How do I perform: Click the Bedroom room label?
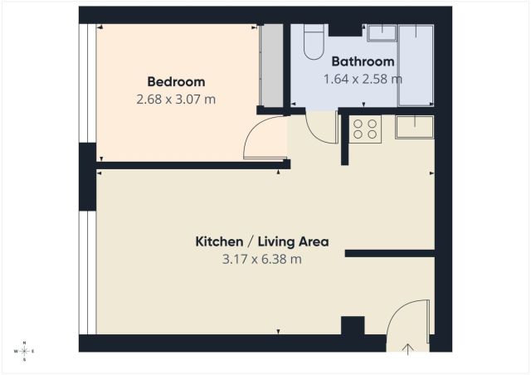[x=176, y=82]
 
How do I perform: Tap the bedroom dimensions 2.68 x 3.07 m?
[x=176, y=100]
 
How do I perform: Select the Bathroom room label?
[x=363, y=61]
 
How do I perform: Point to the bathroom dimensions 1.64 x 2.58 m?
[x=363, y=80]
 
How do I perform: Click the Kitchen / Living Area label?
[x=262, y=242]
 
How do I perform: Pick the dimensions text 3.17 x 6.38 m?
[x=262, y=260]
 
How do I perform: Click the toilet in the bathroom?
[x=314, y=41]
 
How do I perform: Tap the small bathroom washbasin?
[x=382, y=33]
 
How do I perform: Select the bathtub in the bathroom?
[x=417, y=65]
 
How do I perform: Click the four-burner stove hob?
[x=365, y=129]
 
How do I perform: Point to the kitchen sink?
[x=415, y=127]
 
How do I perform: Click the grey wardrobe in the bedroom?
[x=271, y=65]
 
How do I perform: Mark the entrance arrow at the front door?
[x=408, y=349]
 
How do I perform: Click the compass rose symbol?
[x=24, y=351]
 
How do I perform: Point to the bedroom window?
[x=87, y=83]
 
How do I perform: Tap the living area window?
[x=87, y=273]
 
